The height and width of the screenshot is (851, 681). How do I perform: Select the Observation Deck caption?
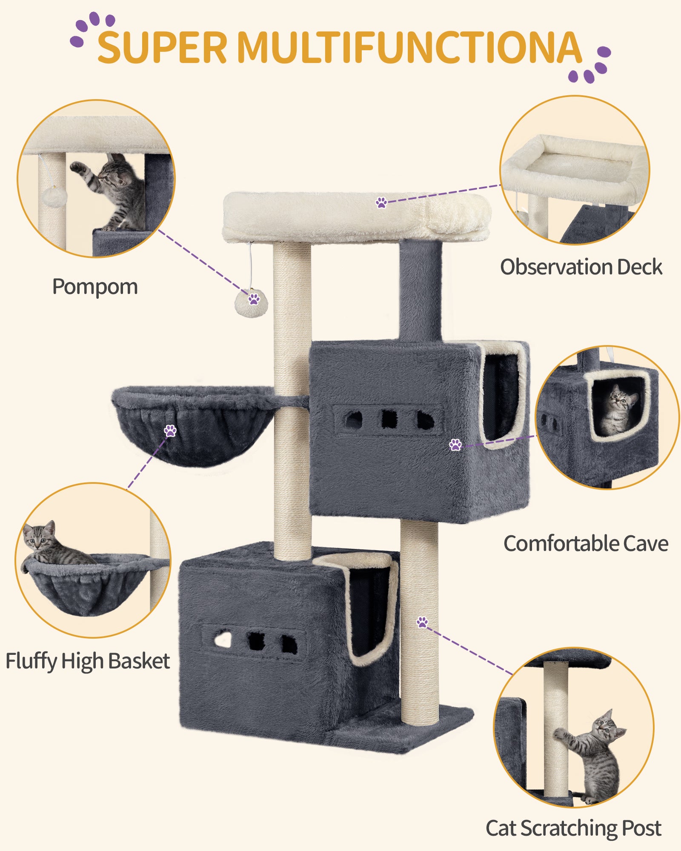[581, 267]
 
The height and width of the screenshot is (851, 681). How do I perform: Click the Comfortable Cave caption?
[586, 543]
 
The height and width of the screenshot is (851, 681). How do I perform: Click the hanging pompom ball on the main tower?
[251, 304]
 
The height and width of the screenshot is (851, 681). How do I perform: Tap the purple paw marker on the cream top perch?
[381, 202]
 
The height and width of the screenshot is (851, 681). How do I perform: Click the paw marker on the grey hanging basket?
[170, 431]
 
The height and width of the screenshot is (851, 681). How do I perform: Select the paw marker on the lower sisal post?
[422, 622]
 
